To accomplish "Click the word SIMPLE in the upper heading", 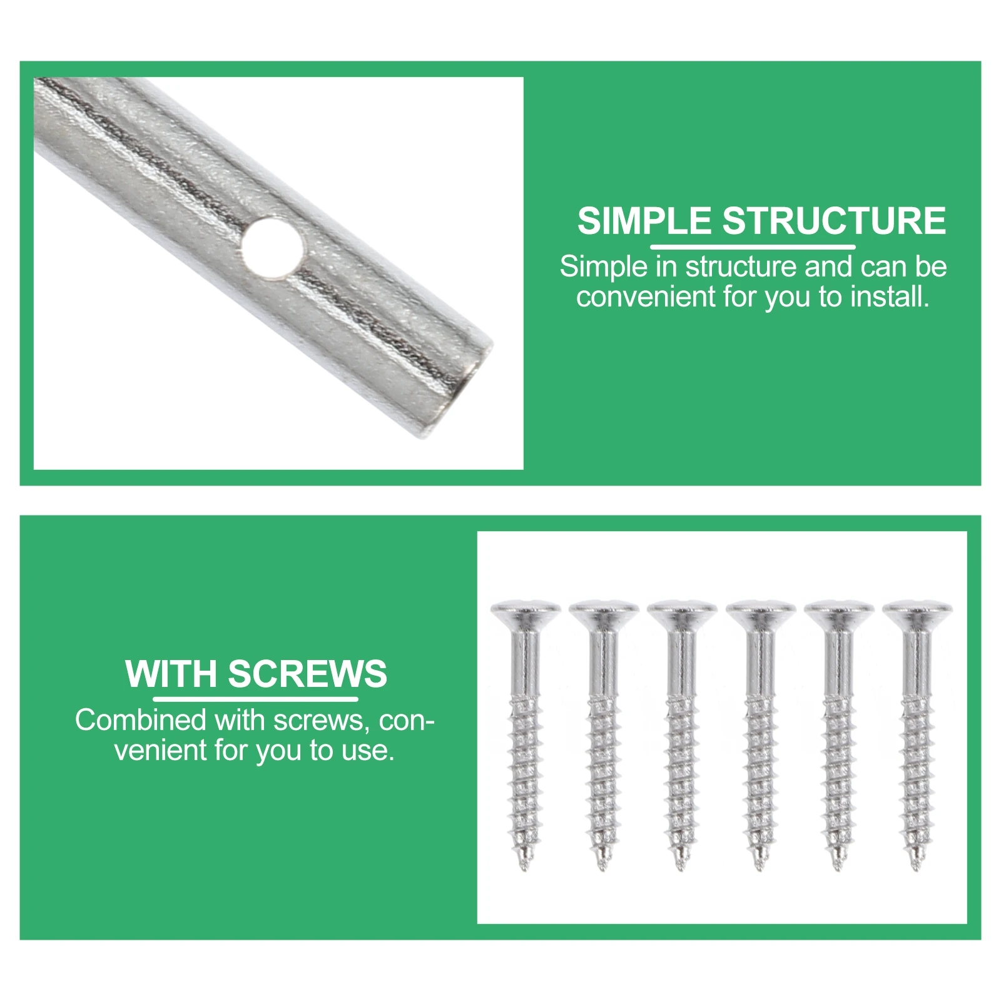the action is (x=644, y=221).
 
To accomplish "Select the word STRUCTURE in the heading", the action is (x=835, y=221).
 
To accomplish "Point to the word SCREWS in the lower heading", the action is (x=307, y=674).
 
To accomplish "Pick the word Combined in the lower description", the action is (x=142, y=720).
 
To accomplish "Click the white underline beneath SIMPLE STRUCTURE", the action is (x=753, y=246).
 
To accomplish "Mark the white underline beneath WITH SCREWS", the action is (x=255, y=699).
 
